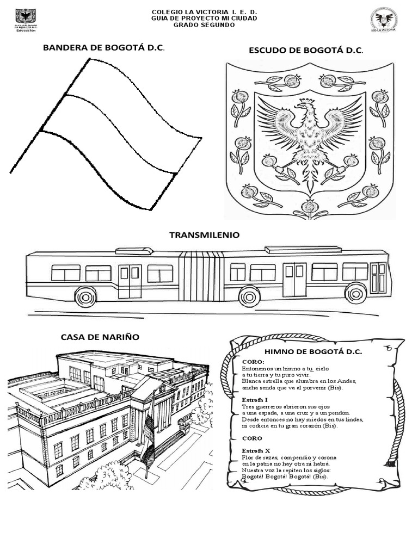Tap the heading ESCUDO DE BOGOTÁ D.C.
[x=305, y=50]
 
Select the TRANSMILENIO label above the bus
[x=204, y=235]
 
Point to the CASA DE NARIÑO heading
[x=100, y=337]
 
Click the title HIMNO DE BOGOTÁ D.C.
[x=313, y=351]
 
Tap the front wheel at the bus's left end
[x=85, y=296]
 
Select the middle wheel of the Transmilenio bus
[x=249, y=296]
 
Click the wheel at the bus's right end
[x=355, y=294]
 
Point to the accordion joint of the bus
[x=201, y=276]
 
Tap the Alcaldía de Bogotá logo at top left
[x=25, y=20]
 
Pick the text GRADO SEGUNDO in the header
[x=204, y=25]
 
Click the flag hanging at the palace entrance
[x=149, y=441]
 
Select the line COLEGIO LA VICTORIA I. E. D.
[x=204, y=11]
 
